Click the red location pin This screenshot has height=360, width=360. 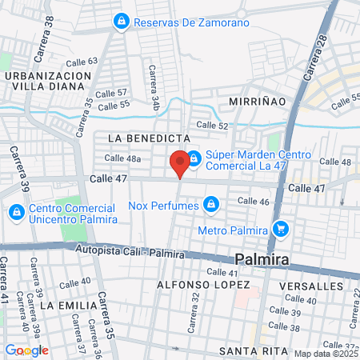coord(180,162)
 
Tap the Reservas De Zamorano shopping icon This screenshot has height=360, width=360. coord(122,21)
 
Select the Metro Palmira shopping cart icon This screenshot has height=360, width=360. coord(279,230)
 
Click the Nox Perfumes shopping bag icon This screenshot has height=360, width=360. coord(210,206)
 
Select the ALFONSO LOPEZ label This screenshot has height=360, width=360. coord(203,285)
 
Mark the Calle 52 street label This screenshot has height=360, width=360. coord(212,126)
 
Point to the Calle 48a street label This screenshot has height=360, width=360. coord(122,158)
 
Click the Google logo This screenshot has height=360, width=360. coord(26,350)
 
